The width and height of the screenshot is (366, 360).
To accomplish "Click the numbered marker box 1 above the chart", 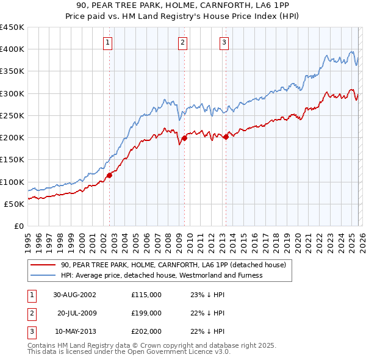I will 107,42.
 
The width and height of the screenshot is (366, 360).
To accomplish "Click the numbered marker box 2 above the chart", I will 182,42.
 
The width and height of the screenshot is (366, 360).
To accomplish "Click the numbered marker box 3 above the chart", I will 224,42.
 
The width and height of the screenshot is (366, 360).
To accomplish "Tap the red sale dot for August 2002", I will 110,175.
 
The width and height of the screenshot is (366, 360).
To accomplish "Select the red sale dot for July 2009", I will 184,138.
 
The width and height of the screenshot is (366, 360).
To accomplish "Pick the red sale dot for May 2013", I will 226,137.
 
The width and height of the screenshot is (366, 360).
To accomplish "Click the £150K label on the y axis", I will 12,159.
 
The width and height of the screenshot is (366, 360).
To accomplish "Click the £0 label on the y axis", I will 18,226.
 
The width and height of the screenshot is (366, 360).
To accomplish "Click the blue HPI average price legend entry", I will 162,275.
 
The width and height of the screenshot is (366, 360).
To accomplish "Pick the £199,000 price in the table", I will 146,313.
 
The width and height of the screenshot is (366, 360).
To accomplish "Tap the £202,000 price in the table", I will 146,331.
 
